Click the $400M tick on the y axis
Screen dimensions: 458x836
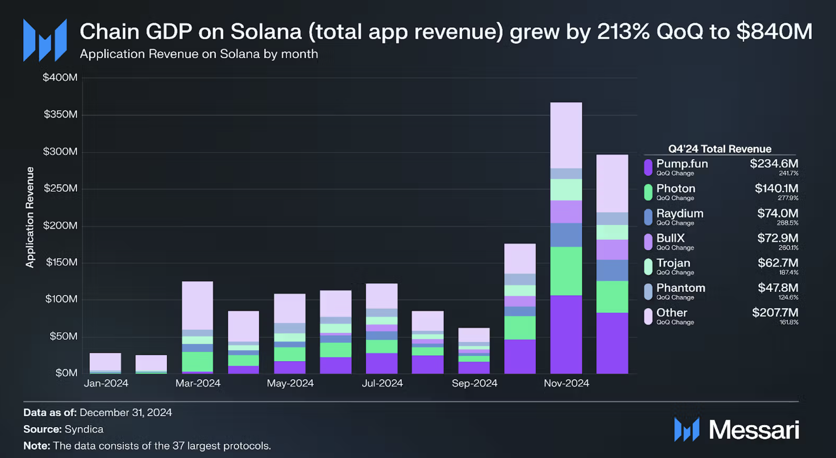[60, 77]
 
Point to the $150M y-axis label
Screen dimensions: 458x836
[62, 262]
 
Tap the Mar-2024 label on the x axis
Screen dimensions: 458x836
[198, 383]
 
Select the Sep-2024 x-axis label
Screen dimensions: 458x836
[474, 383]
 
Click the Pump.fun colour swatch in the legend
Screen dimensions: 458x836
[648, 167]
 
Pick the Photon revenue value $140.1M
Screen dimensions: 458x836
[776, 189]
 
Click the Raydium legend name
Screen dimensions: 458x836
[680, 214]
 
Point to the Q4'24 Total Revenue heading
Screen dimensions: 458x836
[719, 149]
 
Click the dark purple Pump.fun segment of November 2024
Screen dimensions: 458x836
[566, 334]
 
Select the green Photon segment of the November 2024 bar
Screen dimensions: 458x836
[566, 271]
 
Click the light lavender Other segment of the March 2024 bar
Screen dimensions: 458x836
[198, 305]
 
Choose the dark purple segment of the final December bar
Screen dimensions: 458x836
[612, 343]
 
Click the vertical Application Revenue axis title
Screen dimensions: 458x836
[30, 217]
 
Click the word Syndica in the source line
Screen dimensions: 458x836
[84, 429]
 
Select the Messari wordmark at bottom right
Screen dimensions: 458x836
[754, 430]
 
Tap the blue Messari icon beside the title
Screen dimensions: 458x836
[45, 40]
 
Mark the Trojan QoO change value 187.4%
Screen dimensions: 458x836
[788, 273]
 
